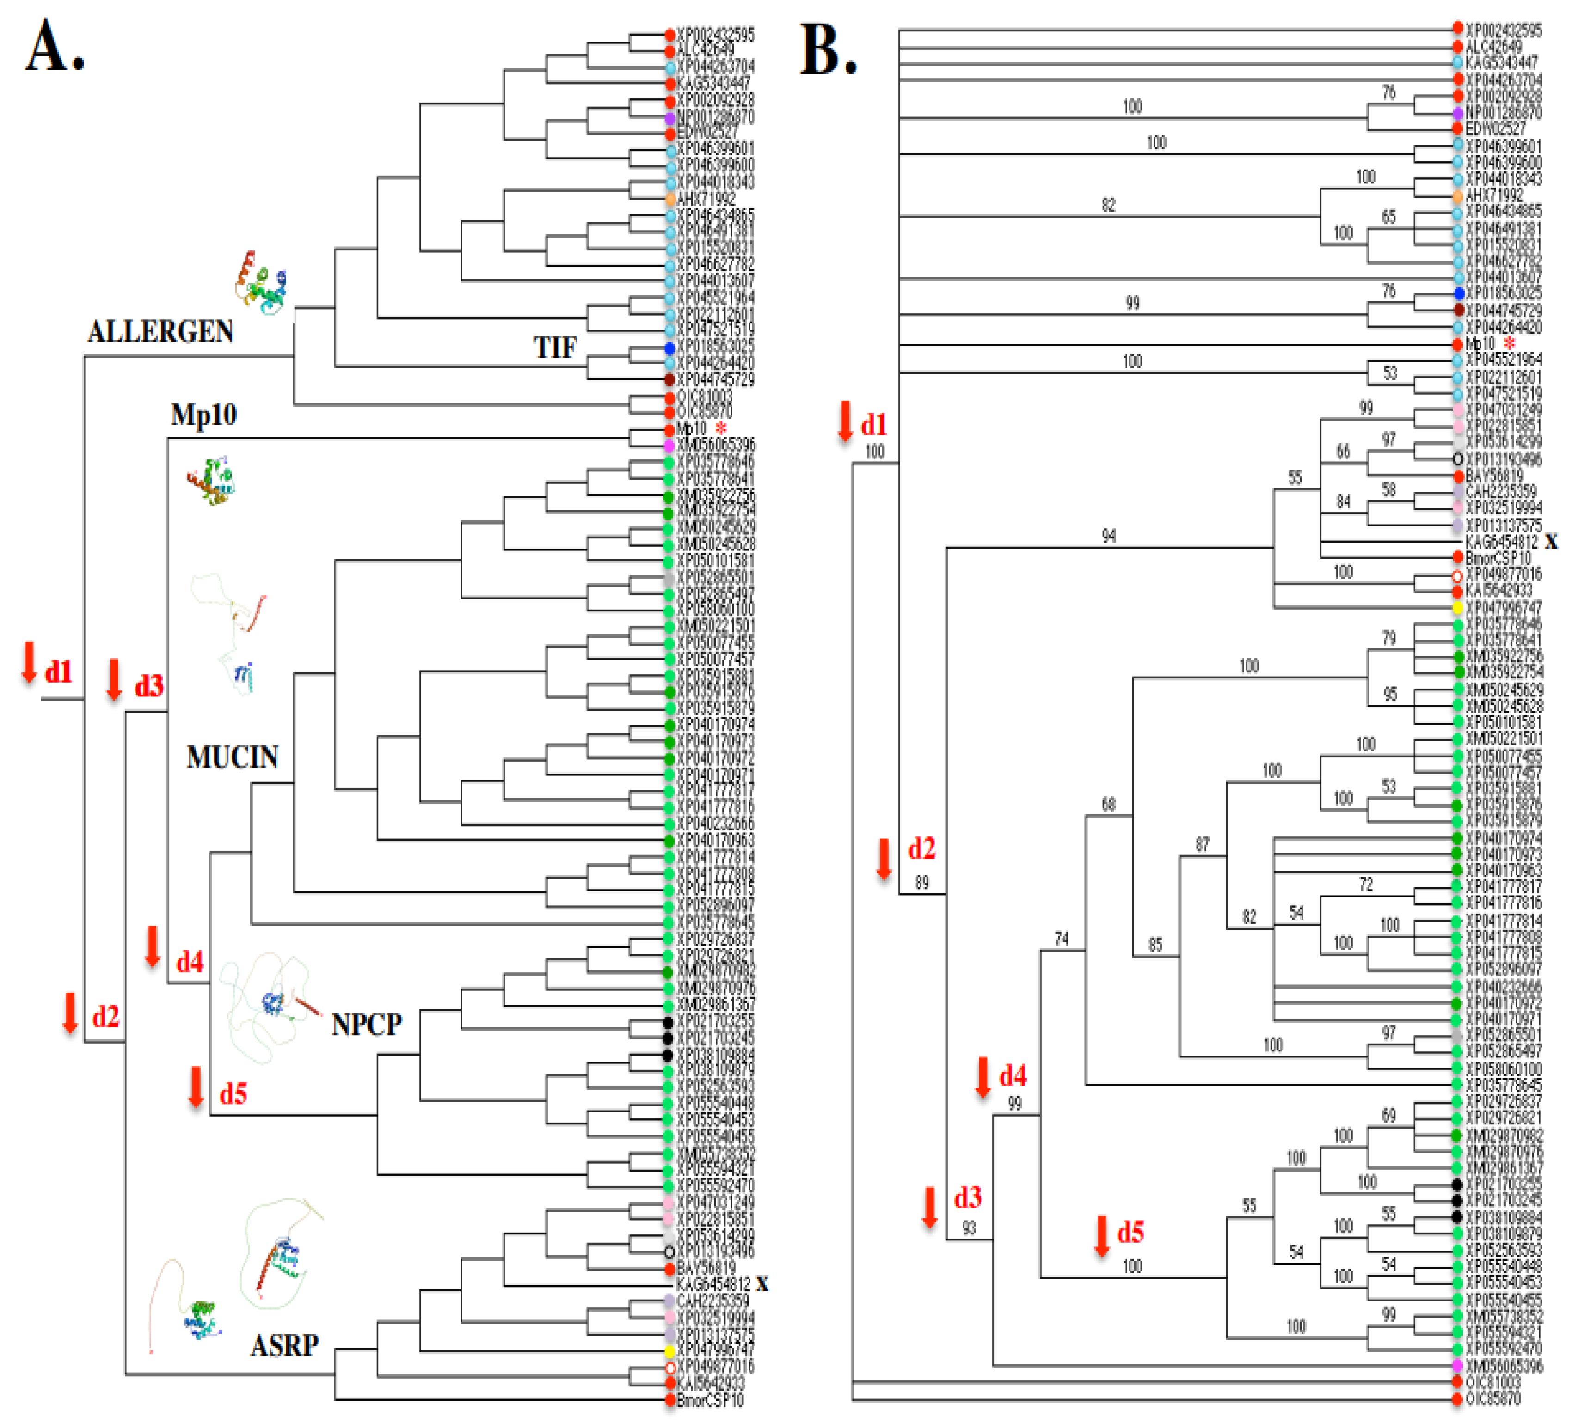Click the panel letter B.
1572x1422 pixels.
(828, 51)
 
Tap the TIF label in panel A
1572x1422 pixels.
(555, 348)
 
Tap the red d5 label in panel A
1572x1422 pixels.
(233, 1094)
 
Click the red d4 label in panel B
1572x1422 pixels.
(1012, 1076)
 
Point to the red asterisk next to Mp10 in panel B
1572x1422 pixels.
(1511, 343)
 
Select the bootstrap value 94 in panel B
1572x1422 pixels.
(1108, 536)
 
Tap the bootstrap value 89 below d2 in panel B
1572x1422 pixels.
(921, 883)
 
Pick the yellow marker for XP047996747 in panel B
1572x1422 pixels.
(1457, 606)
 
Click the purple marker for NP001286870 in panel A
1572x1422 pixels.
(669, 118)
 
